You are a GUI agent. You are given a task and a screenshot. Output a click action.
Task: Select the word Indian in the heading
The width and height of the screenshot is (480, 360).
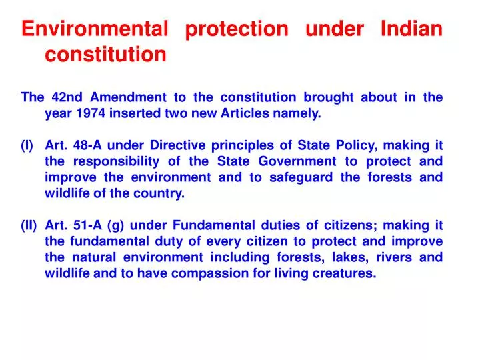pos(411,29)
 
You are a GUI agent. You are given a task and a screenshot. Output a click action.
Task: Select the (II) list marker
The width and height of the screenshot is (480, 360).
pos(29,225)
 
